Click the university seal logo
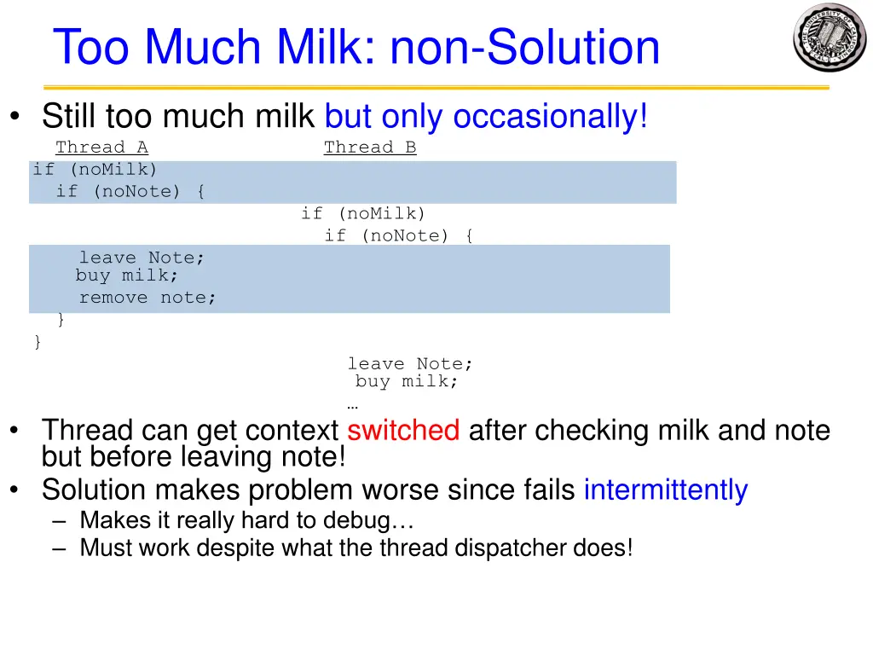[x=829, y=38]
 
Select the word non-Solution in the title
[x=525, y=48]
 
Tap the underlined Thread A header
[x=101, y=148]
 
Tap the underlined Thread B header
[x=370, y=148]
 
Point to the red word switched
[x=403, y=430]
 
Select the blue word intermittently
[x=665, y=490]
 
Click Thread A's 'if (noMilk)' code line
[x=95, y=170]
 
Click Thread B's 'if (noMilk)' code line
[x=362, y=213]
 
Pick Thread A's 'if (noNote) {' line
[x=130, y=192]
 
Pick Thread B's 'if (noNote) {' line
[x=398, y=235]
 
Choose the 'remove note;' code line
[x=147, y=298]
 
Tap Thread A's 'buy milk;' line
[x=127, y=275]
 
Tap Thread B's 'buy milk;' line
[x=407, y=382]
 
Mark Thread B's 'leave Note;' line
[x=409, y=364]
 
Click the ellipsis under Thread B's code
[x=352, y=405]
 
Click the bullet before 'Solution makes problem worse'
[x=16, y=491]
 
